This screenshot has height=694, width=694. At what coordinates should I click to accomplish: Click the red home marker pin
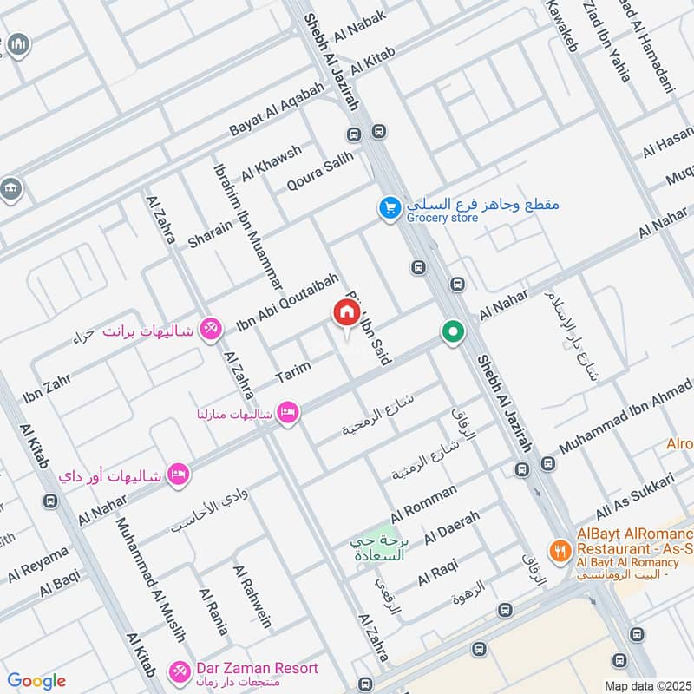[x=345, y=313]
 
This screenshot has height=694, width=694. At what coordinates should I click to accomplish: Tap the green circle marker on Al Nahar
[x=452, y=331]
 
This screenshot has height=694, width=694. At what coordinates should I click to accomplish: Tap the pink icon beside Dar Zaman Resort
[x=179, y=671]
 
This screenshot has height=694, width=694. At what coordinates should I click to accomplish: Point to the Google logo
[x=36, y=681]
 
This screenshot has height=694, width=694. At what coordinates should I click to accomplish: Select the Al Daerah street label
[x=451, y=528]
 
